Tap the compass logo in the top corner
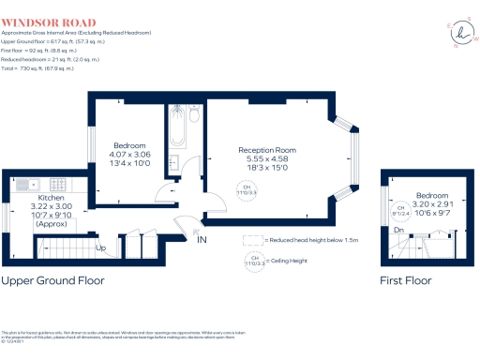[x=460, y=33]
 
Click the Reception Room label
[x=267, y=150]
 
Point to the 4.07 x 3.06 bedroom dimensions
[x=130, y=156]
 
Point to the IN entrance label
[x=201, y=240]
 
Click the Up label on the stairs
[x=101, y=248]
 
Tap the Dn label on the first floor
[x=397, y=230]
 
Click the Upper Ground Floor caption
[x=52, y=280]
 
